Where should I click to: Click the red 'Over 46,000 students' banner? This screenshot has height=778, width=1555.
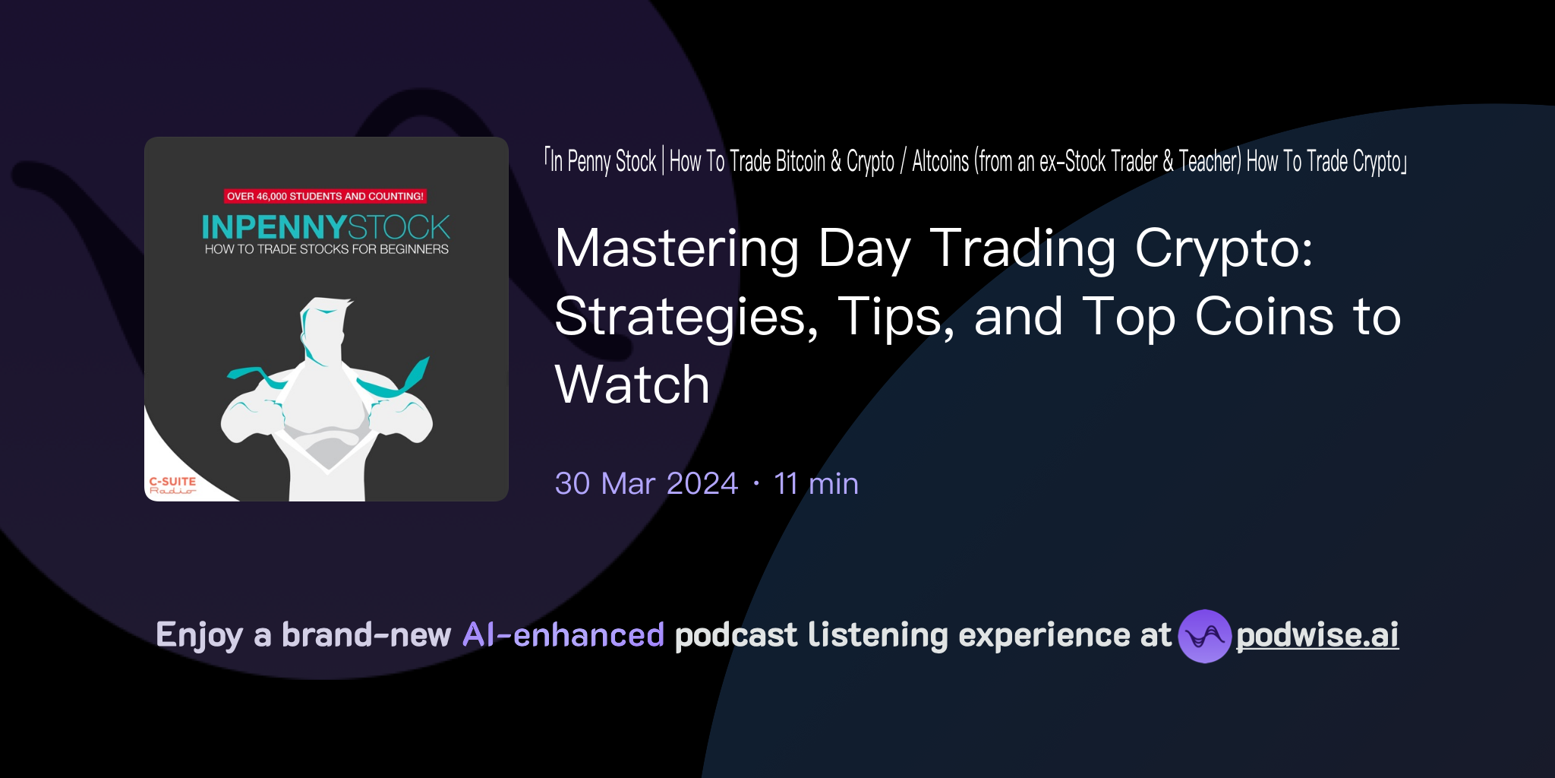[x=325, y=196]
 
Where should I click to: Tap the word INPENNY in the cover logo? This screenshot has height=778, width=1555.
[x=273, y=227]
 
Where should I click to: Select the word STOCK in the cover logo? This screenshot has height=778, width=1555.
[x=399, y=227]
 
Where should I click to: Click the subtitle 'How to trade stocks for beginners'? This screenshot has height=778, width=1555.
[x=326, y=249]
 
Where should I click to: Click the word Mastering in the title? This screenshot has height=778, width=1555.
[x=677, y=248]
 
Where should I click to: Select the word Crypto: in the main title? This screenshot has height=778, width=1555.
[x=1223, y=248]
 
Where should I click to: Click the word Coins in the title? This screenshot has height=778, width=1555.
[x=1263, y=316]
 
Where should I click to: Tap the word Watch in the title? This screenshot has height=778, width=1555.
[x=632, y=384]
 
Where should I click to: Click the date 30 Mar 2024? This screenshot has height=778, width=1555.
[x=646, y=484]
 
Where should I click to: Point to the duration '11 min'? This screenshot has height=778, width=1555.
[x=816, y=484]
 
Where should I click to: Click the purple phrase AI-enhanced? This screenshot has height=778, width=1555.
[x=563, y=635]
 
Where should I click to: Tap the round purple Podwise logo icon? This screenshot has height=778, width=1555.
[x=1204, y=636]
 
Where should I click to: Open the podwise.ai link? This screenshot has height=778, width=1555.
[x=1317, y=635]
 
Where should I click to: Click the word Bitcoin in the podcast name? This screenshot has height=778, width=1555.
[x=800, y=162]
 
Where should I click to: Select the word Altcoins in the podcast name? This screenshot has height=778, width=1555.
[x=941, y=162]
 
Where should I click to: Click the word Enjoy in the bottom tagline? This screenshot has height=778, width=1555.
[x=199, y=635]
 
